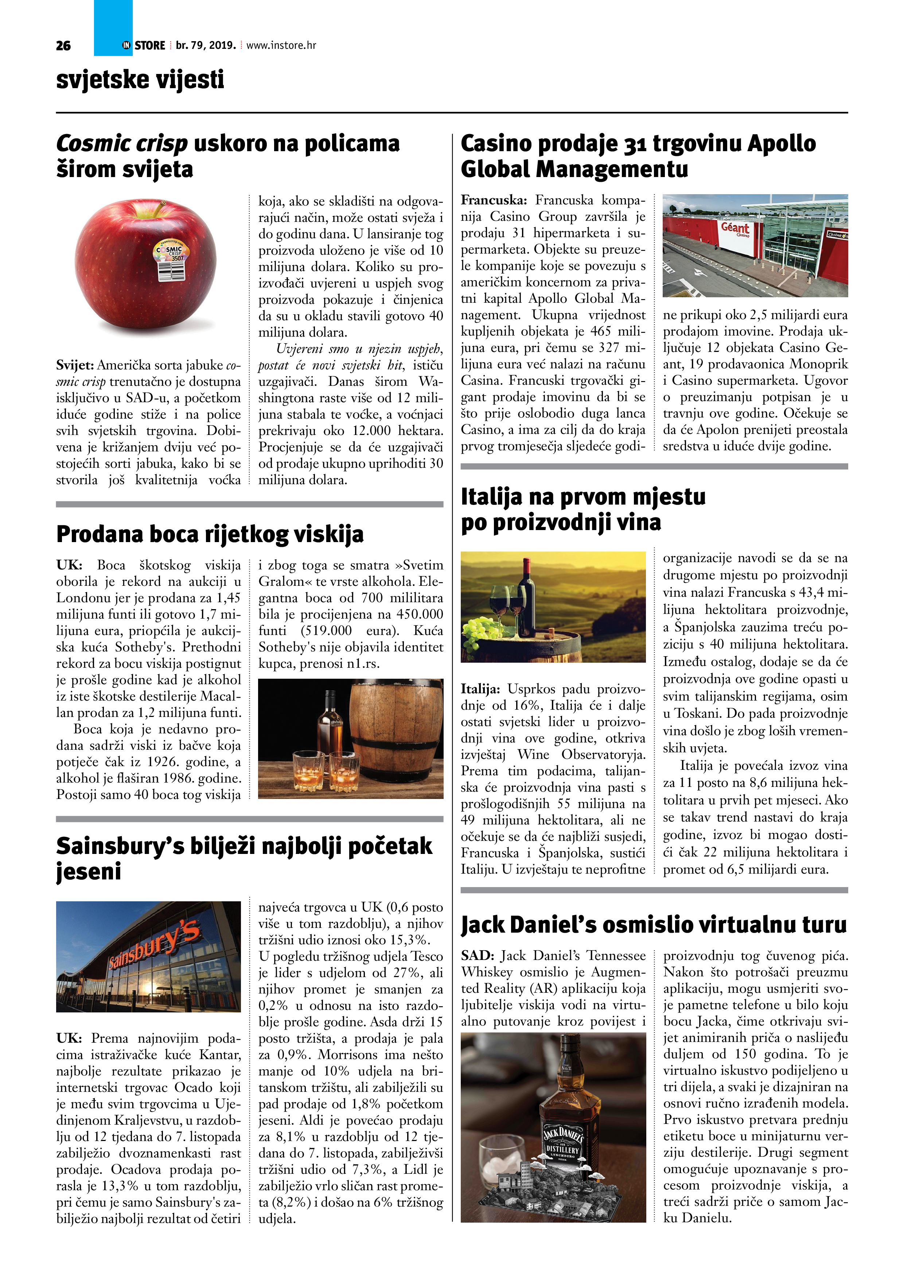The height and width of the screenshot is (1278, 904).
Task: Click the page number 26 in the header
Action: pos(63,46)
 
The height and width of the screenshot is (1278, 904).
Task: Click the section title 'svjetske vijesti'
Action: pos(140,79)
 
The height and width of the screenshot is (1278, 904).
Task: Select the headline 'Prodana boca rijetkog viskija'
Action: pos(210,534)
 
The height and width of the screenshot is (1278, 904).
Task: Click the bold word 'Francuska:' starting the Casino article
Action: pos(493,200)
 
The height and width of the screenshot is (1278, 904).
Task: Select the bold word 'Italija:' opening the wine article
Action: pos(480,689)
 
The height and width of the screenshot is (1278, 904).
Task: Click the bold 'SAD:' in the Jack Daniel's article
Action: pos(477,956)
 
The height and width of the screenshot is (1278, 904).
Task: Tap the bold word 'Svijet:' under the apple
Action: pos(75,365)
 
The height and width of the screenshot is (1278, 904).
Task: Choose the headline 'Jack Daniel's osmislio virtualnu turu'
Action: pos(653,925)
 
